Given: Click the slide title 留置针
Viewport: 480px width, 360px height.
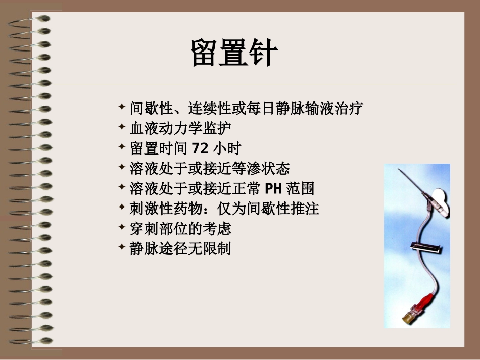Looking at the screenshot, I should [x=233, y=54].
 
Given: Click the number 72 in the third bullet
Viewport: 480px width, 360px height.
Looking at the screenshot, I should [x=201, y=149].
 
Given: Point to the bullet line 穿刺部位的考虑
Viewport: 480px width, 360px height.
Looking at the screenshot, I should [x=180, y=229].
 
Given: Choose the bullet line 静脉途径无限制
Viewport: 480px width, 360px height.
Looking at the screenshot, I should [x=180, y=249].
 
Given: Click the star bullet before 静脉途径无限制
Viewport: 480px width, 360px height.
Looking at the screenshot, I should [x=121, y=247].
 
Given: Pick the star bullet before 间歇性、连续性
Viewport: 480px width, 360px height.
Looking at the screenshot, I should [x=121, y=107].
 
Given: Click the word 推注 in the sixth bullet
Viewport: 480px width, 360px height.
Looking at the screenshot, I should [x=309, y=209].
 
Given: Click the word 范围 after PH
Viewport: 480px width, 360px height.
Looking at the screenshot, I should [x=300, y=189].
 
